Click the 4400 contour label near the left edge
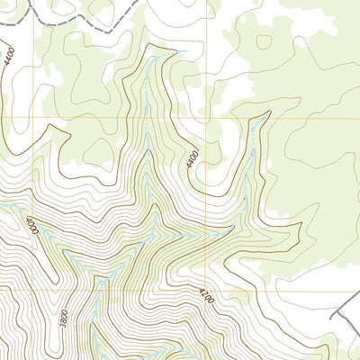coord(8,59)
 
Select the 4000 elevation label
coord(32,226)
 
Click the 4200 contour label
coord(206,296)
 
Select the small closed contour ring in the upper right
coord(264,41)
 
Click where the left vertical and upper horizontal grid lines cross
coord(35,118)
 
